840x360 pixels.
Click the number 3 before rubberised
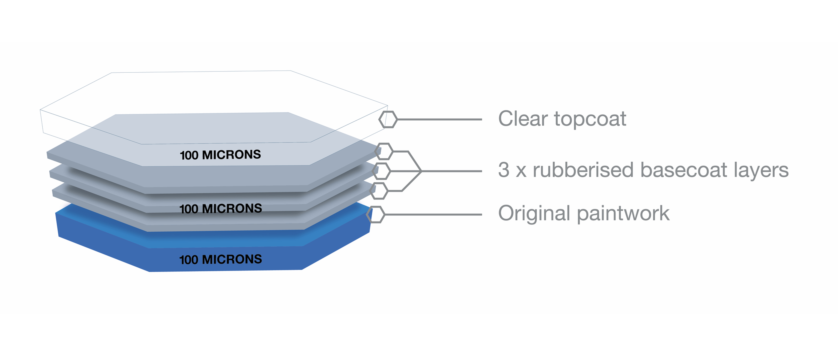(x=504, y=170)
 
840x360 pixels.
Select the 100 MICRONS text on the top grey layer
(x=220, y=155)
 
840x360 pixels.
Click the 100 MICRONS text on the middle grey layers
(x=220, y=209)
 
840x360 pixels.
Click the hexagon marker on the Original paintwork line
(x=376, y=215)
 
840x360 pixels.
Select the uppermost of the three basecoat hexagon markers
(x=384, y=151)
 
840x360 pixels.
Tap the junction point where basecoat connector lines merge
(x=421, y=171)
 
